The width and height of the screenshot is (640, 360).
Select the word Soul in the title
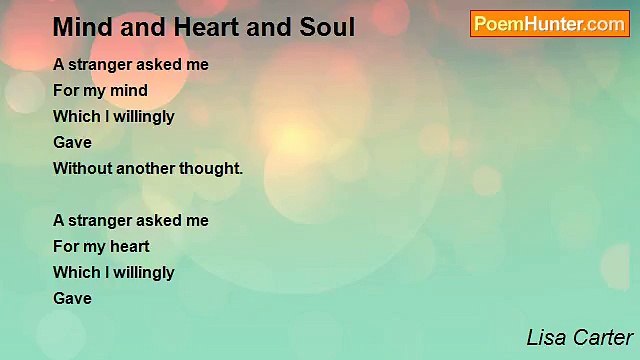(323, 27)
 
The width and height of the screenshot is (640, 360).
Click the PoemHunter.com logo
(549, 24)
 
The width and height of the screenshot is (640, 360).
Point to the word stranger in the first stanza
(101, 64)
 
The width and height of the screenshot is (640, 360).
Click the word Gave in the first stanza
(72, 142)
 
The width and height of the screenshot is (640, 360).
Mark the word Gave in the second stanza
(72, 298)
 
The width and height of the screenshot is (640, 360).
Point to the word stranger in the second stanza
(101, 220)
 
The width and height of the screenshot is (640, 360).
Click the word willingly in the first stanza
(143, 116)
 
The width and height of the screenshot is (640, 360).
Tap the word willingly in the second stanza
(143, 272)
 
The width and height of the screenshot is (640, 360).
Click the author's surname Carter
(603, 338)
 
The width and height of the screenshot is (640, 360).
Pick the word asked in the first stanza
(158, 64)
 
